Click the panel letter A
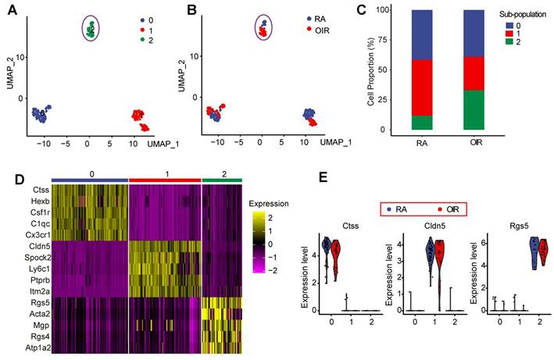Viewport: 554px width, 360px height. [x=10, y=9]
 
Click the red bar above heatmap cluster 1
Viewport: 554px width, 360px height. [x=164, y=180]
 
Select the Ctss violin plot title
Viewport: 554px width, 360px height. [x=339, y=226]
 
